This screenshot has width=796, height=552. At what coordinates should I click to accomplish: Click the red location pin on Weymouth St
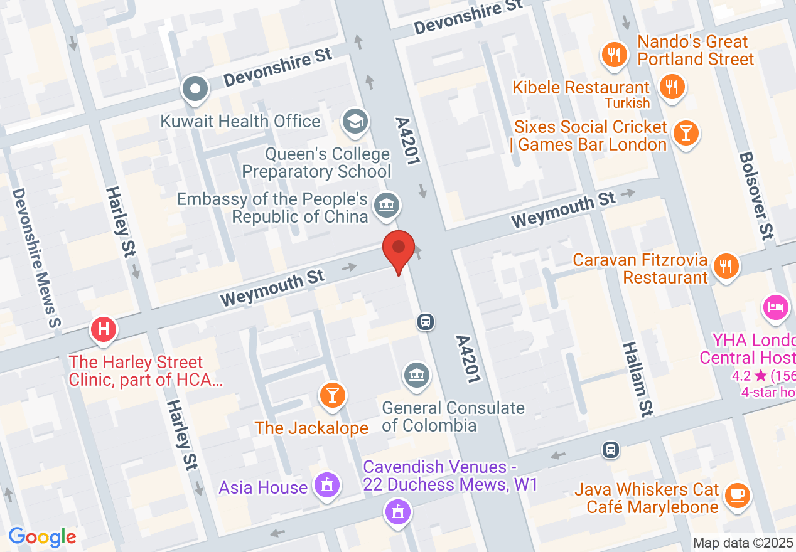tap(399, 248)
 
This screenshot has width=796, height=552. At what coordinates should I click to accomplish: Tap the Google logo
tap(42, 537)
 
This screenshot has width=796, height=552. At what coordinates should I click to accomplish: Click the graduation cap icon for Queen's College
tap(356, 121)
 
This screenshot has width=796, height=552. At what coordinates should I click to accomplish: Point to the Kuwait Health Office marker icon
tap(195, 89)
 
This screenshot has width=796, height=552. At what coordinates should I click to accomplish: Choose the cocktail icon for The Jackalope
tap(333, 395)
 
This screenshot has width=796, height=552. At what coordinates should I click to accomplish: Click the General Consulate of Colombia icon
tap(416, 375)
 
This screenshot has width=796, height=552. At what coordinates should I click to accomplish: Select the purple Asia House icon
tap(326, 485)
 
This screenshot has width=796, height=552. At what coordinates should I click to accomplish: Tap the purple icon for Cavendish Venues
tap(397, 512)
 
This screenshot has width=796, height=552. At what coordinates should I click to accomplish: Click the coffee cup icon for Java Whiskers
tap(737, 495)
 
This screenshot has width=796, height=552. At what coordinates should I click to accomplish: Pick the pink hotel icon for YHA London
tap(776, 307)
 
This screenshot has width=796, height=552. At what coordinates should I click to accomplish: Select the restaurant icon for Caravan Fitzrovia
tap(726, 266)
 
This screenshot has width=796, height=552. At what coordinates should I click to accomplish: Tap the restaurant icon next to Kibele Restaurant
tap(672, 86)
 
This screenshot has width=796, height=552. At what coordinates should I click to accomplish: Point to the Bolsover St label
tap(755, 196)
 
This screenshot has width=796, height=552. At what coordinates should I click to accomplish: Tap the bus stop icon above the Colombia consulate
tap(426, 322)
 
